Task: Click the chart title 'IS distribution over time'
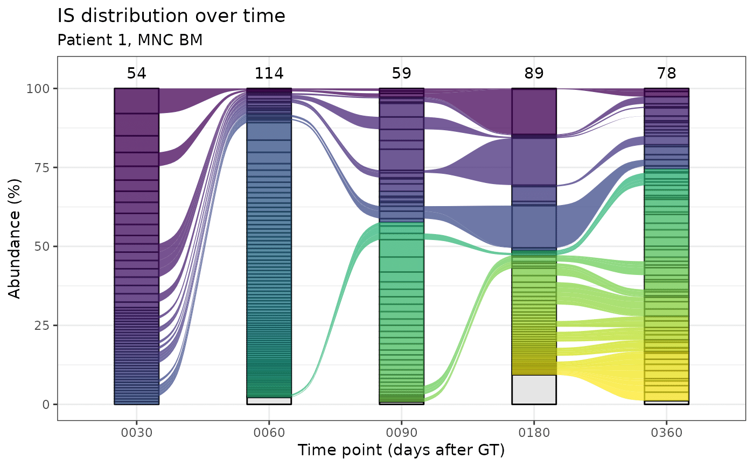(x=171, y=16)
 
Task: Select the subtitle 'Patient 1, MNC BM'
(x=130, y=40)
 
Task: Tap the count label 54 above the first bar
(x=137, y=74)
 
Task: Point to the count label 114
(x=269, y=74)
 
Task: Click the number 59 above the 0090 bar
(x=401, y=74)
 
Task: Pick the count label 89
(x=534, y=74)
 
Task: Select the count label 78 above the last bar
(x=666, y=74)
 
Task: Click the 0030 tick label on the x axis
(x=137, y=432)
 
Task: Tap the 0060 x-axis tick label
(x=269, y=432)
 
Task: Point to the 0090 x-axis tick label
(x=401, y=432)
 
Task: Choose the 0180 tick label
(x=534, y=432)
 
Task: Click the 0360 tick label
(x=666, y=432)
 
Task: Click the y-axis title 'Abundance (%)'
(x=16, y=246)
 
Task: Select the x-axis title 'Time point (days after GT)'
(x=401, y=450)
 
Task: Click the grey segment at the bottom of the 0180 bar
(x=534, y=390)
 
